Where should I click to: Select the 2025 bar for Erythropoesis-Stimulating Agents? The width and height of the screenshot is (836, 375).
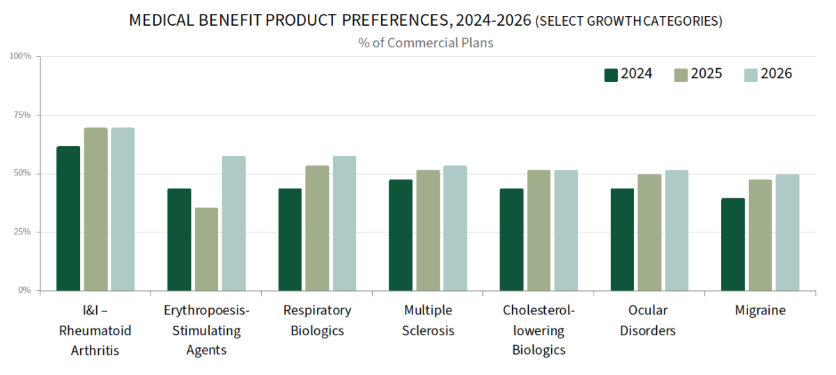(x=206, y=248)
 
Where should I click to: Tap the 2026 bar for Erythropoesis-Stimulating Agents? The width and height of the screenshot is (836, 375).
(x=233, y=223)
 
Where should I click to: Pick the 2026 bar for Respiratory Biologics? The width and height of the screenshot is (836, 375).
(x=344, y=223)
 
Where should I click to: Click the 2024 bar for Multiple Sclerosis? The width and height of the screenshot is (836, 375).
(x=401, y=234)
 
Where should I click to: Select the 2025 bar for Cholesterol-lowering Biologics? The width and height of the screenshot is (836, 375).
(x=539, y=230)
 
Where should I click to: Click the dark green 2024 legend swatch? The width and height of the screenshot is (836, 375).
(x=611, y=74)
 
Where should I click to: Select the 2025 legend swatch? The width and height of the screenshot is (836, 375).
(x=681, y=74)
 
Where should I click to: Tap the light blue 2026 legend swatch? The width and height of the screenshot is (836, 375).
(x=750, y=74)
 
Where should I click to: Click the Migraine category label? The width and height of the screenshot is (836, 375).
(x=760, y=310)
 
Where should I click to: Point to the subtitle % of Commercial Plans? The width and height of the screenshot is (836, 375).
(x=426, y=42)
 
